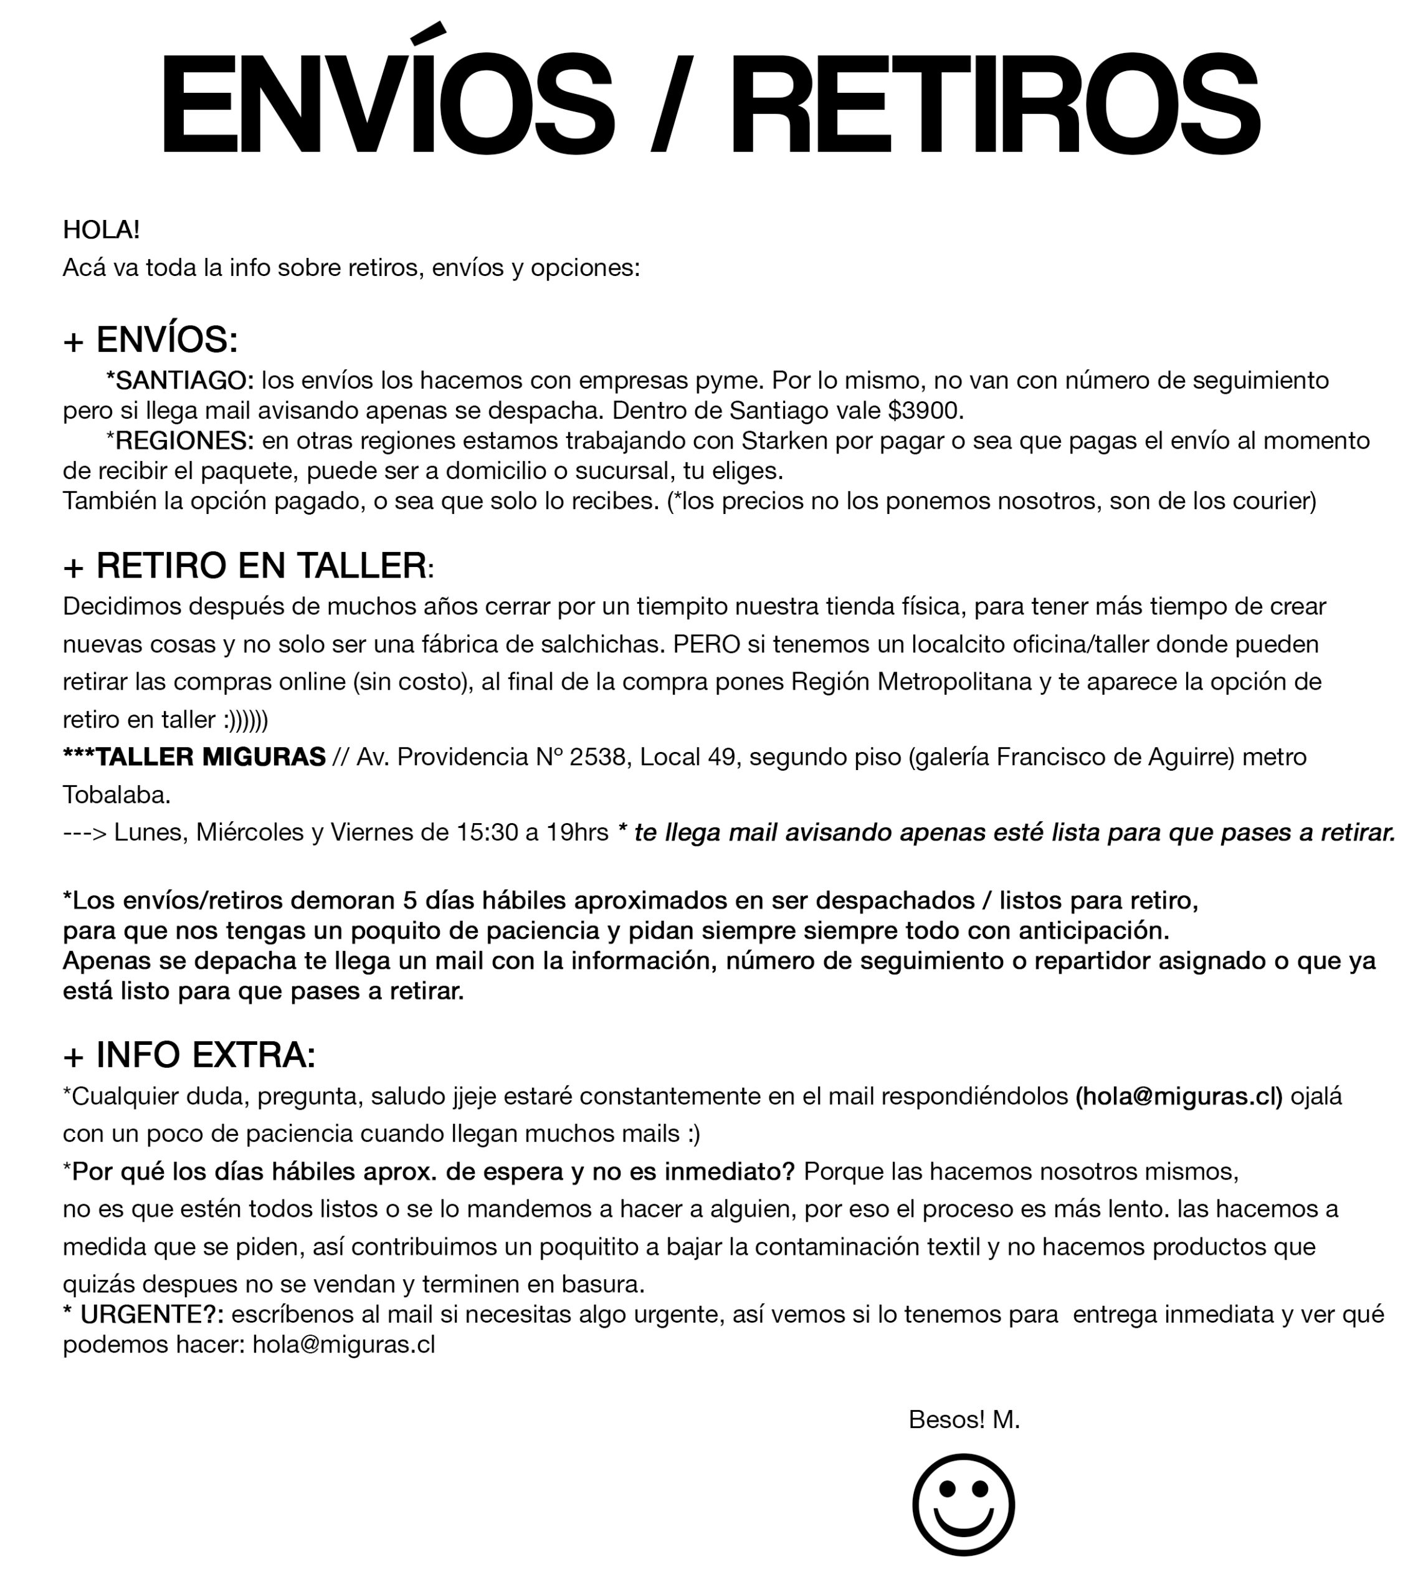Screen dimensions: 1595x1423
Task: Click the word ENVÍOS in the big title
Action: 386,104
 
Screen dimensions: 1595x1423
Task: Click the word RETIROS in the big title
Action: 994,104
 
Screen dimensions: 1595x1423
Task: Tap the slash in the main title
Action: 671,104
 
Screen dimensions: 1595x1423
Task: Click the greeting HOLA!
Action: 101,230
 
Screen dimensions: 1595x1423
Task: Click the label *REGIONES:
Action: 180,441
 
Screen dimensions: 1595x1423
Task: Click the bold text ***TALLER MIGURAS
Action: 194,757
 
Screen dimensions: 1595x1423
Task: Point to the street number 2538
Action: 597,757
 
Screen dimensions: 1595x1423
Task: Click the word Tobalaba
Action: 116,795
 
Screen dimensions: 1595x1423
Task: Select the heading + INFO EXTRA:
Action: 189,1055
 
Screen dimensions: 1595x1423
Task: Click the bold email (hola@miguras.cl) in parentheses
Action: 1179,1096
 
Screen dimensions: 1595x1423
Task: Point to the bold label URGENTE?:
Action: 151,1314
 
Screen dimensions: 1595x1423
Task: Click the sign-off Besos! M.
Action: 964,1419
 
